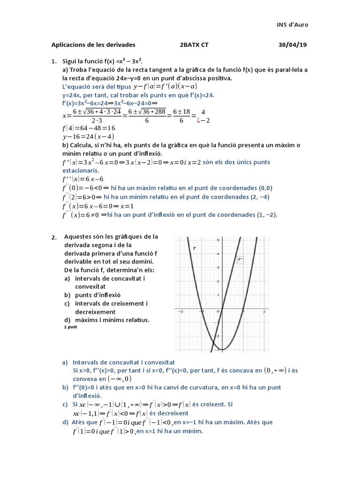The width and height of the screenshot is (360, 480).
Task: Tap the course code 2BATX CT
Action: [194, 45]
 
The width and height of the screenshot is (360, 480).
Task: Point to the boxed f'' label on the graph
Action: [240, 259]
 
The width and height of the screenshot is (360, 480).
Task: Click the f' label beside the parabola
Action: [194, 248]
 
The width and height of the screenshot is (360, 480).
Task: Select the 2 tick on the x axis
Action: [264, 311]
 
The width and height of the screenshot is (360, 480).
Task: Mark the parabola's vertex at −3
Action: [222, 349]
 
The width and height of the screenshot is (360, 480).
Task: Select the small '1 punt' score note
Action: [70, 327]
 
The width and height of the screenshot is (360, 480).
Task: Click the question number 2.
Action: [54, 237]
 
